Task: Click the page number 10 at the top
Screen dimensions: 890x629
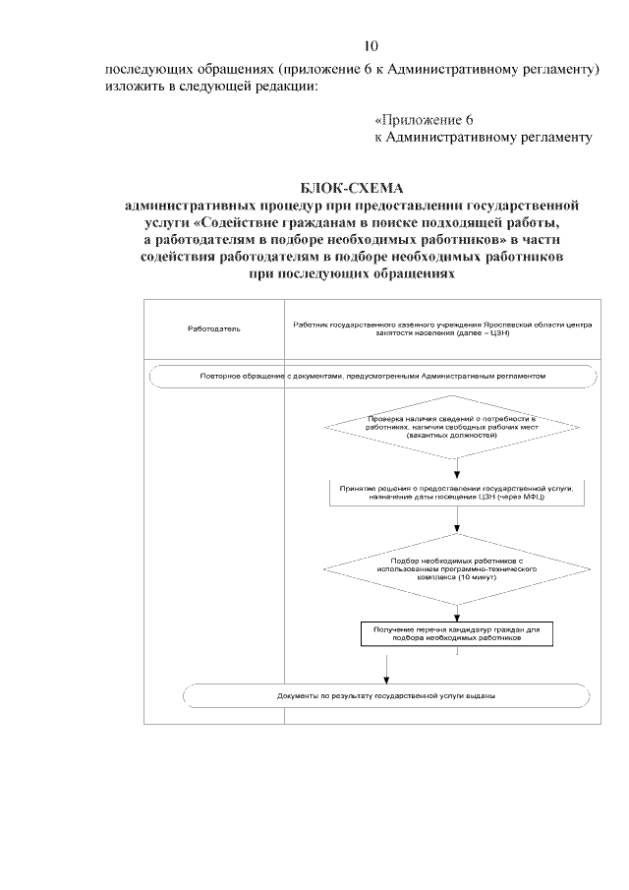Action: tap(371, 46)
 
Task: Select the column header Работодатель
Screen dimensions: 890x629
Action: tap(213, 327)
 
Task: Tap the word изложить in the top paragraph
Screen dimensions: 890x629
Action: tap(133, 87)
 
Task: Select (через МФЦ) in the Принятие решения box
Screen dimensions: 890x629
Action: tap(522, 499)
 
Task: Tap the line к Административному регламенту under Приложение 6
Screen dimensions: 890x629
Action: tap(484, 137)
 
